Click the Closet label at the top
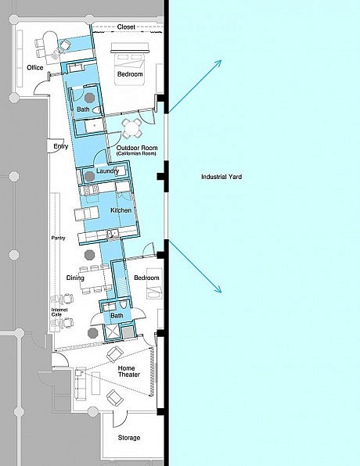126,27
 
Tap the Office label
35,67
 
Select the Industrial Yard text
221,177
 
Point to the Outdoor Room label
137,148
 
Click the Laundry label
108,171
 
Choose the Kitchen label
121,210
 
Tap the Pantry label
58,238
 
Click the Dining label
75,278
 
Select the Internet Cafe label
59,312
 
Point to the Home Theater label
129,371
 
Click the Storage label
129,438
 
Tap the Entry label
61,146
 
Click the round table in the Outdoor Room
132,128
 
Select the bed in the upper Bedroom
130,64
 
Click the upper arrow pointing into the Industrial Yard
195,87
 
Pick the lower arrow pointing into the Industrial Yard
195,267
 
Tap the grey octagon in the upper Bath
89,98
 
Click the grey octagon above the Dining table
89,255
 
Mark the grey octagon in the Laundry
89,176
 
